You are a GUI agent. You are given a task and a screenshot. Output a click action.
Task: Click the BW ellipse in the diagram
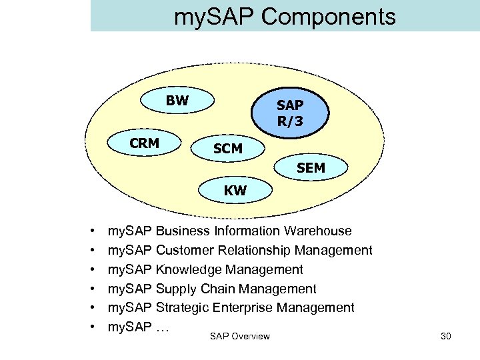(177, 102)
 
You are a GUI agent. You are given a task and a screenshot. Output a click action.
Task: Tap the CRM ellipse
(145, 143)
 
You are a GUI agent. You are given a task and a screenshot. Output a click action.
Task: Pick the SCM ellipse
(228, 149)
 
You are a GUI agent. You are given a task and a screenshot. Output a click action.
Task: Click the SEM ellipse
(311, 169)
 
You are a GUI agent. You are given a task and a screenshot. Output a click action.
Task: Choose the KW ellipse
(235, 191)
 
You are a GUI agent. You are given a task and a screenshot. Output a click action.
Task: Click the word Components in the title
(328, 17)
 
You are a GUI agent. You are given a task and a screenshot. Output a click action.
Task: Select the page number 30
(446, 336)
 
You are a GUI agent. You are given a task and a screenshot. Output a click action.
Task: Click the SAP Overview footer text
(239, 336)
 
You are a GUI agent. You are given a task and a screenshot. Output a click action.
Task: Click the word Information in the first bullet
(247, 231)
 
